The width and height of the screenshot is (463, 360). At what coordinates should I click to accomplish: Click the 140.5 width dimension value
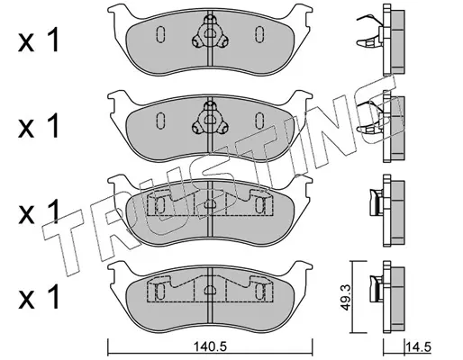click(x=210, y=347)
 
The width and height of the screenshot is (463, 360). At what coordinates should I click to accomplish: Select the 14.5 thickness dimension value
click(x=418, y=347)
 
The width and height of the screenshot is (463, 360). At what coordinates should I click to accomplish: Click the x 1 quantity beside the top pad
click(x=39, y=41)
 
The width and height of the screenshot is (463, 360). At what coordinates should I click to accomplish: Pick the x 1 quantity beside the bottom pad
click(x=39, y=298)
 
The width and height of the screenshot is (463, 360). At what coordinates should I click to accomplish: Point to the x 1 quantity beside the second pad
click(x=39, y=127)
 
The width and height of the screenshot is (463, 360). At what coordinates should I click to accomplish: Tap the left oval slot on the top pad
click(x=160, y=34)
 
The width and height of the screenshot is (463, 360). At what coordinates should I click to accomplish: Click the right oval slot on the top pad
click(x=259, y=34)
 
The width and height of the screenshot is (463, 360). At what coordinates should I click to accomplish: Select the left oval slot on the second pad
click(x=160, y=121)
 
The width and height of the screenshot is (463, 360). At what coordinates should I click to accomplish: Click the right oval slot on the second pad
click(x=259, y=120)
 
